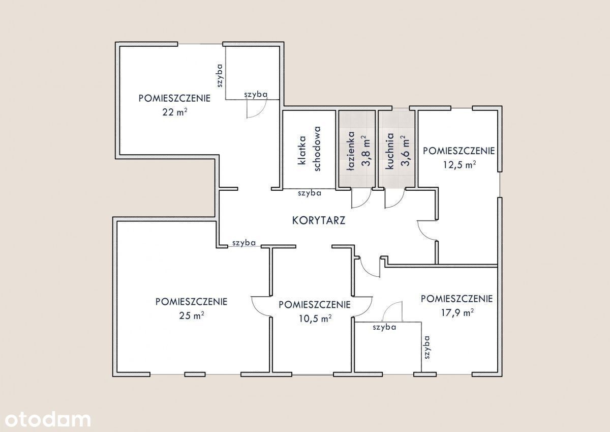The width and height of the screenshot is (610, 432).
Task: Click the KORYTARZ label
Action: (x=319, y=220)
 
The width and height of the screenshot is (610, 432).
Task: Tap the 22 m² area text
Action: (x=175, y=112)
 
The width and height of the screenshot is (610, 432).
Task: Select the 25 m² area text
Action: (x=192, y=315)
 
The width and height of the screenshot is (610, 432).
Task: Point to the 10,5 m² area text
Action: (x=315, y=319)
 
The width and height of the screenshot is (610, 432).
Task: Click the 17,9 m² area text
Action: (x=457, y=312)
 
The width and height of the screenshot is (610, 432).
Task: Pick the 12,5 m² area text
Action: (x=460, y=165)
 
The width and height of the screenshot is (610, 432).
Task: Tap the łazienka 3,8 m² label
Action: (x=359, y=151)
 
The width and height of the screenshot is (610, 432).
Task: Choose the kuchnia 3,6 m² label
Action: (x=398, y=151)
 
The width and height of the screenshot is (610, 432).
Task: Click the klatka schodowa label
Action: (x=310, y=149)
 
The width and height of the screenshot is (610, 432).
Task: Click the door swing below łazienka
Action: (x=361, y=198)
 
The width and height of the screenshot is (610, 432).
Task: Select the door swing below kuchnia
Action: (x=394, y=198)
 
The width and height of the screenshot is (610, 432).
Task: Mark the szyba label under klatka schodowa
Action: (x=310, y=193)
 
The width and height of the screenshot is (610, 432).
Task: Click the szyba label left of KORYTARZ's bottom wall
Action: (x=244, y=243)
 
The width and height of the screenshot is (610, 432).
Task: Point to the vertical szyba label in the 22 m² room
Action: (x=220, y=75)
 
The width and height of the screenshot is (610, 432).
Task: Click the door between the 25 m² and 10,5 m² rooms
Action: (x=261, y=307)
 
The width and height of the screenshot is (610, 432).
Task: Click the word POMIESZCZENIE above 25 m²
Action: (x=192, y=301)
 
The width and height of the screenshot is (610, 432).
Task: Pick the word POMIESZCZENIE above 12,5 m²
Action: (x=459, y=151)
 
